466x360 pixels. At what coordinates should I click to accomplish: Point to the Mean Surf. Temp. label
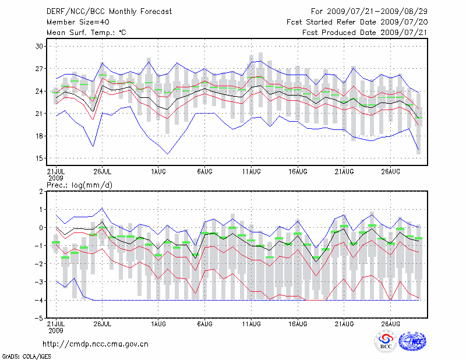click(x=86, y=33)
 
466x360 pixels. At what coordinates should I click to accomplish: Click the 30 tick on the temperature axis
click(x=40, y=46)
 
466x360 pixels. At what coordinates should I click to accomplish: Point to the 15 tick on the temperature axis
click(x=40, y=158)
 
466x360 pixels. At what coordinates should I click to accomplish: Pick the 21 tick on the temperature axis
click(x=40, y=114)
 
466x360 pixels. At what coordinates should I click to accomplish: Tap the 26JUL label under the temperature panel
click(x=102, y=172)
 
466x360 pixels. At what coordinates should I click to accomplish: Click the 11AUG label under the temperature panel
click(x=251, y=172)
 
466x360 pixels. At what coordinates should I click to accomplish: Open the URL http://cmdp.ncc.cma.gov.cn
click(x=96, y=344)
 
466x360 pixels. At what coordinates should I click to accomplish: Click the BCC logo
click(x=386, y=341)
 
